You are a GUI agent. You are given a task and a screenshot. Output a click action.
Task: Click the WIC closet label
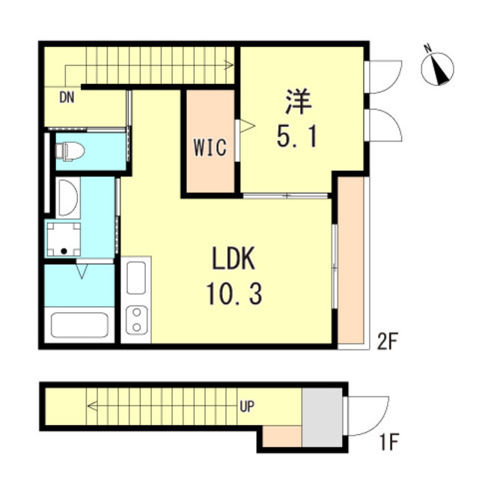coord(210,147)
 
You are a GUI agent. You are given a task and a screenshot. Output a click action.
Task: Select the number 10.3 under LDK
coord(233,295)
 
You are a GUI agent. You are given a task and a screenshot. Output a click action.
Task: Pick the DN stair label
coord(67,97)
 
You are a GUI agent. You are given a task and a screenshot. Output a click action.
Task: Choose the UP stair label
coord(247,407)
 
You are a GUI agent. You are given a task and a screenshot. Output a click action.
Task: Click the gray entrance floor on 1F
coord(323,416)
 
